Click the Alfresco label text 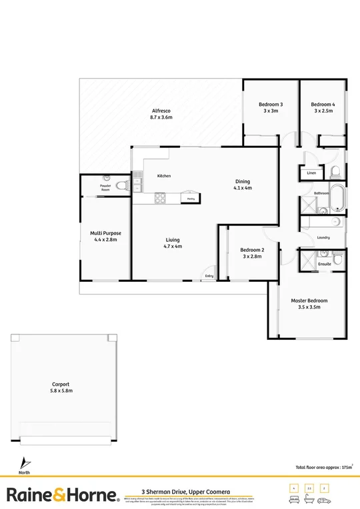tap(161, 110)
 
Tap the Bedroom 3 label tap(271, 104)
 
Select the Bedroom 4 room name tap(323, 104)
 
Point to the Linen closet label tap(311, 173)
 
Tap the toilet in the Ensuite tap(338, 257)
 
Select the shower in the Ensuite tap(309, 258)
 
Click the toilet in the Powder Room tap(121, 186)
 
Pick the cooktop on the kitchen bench tap(160, 198)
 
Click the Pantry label tap(191, 198)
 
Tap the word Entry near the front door tap(209, 275)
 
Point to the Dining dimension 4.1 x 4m tap(243, 188)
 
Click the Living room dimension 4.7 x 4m tap(173, 246)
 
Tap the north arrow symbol tap(25, 461)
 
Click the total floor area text tap(323, 468)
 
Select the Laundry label tap(324, 237)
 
